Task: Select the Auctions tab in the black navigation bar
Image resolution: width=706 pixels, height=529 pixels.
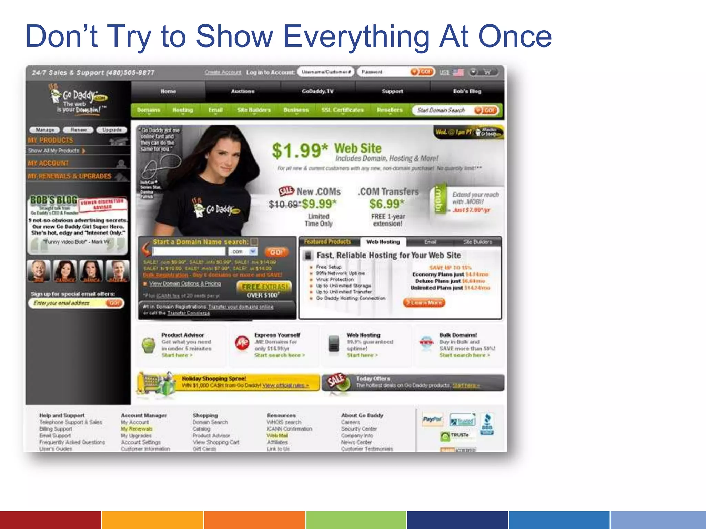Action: point(243,91)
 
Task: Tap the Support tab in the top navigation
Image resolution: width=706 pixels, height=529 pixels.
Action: point(392,91)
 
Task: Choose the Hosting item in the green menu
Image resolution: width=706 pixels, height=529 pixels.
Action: point(183,110)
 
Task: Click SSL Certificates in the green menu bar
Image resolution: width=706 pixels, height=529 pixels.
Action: point(343,110)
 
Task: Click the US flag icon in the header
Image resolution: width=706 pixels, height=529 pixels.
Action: point(458,72)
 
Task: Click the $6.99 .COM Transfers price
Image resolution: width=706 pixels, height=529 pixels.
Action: point(386,204)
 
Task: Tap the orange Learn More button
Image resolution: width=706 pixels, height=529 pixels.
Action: point(424,303)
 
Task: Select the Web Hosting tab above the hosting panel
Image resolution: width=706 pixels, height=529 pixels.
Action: point(383,242)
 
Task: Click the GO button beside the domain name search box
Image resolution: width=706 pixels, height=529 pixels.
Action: point(276,252)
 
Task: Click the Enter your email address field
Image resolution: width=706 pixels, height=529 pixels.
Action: point(67,303)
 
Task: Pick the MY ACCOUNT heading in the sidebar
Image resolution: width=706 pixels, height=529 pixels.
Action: point(48,163)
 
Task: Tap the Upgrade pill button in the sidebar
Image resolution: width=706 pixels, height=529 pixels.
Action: point(112,130)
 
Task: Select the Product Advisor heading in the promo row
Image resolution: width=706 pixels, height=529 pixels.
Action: point(183,335)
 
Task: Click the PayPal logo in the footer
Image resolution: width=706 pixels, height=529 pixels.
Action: point(432,419)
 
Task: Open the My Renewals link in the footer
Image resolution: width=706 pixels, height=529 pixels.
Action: point(137,429)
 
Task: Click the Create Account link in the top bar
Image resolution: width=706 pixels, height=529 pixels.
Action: point(223,72)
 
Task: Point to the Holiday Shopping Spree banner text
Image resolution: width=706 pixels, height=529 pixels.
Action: point(214,378)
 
